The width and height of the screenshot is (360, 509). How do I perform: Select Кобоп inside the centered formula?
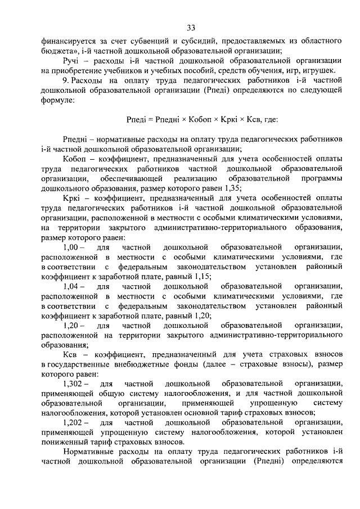[195, 119]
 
